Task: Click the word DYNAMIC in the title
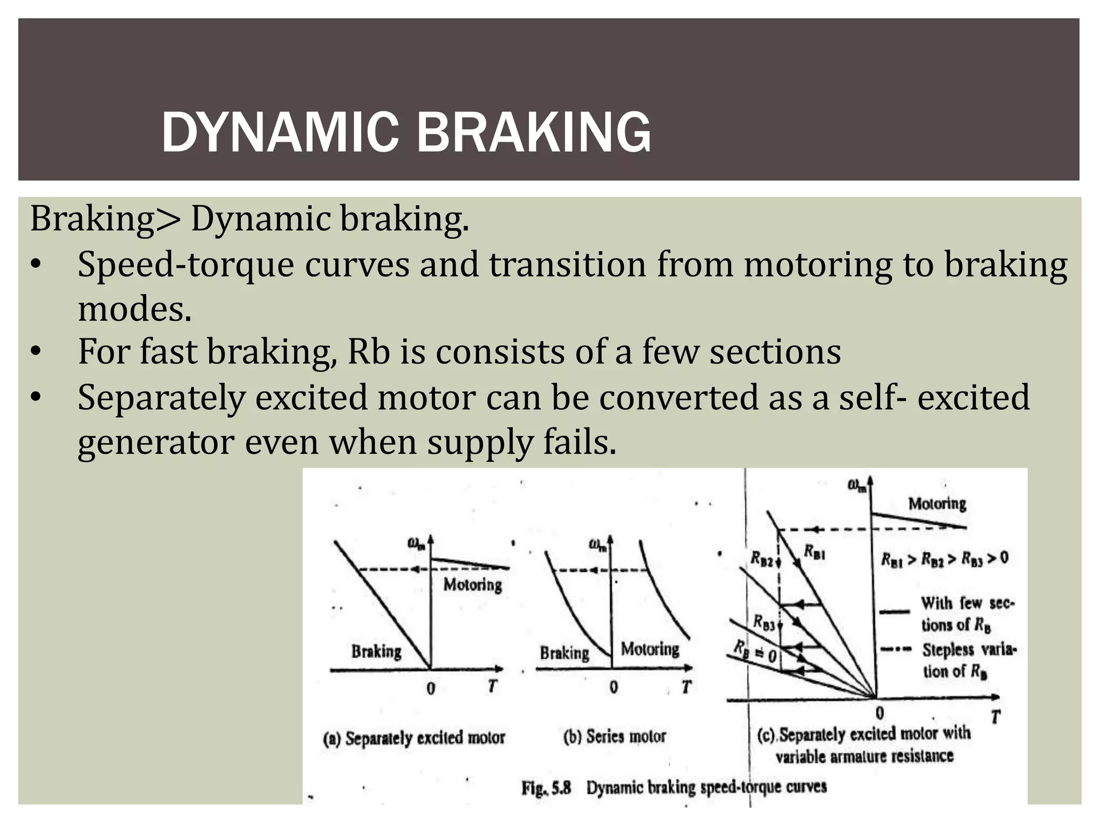280,133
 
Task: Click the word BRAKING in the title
533,133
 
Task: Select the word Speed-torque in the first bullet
185,265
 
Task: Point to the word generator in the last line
156,443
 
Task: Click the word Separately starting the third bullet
161,397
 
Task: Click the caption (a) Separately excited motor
414,738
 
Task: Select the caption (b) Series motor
614,736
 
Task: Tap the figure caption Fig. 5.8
546,788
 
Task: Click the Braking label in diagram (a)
376,651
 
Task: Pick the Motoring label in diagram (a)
473,585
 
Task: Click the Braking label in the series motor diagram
564,653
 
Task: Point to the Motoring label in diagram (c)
937,504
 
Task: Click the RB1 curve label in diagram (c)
814,552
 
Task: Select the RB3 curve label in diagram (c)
764,622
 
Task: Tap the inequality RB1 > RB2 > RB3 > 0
945,559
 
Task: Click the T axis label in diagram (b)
686,687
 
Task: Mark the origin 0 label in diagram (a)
431,688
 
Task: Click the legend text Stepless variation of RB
968,660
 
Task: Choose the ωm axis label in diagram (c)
857,486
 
